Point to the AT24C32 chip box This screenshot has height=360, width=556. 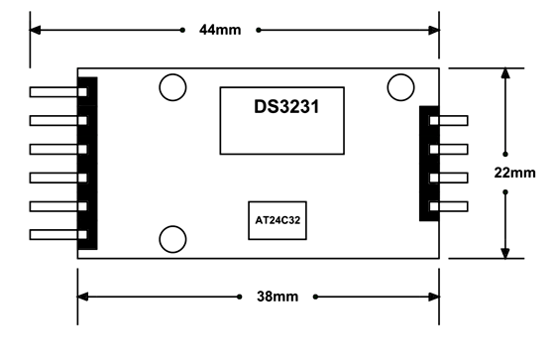pyautogui.click(x=278, y=221)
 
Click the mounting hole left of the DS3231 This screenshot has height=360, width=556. pyautogui.click(x=172, y=87)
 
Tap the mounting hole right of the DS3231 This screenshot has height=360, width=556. pyautogui.click(x=400, y=87)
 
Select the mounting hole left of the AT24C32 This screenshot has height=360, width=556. pyautogui.click(x=172, y=239)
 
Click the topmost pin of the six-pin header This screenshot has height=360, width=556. pyautogui.click(x=57, y=92)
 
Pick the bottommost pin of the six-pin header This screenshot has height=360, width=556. pyautogui.click(x=57, y=235)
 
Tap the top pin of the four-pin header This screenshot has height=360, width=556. pyautogui.click(x=452, y=121)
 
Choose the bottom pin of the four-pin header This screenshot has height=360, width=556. pyautogui.click(x=452, y=207)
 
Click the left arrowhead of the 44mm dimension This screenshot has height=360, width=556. pyautogui.click(x=36, y=30)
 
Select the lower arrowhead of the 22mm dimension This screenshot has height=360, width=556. pyautogui.click(x=506, y=252)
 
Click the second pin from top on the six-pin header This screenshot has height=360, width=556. pyautogui.click(x=57, y=121)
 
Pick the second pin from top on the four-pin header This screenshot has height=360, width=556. pyautogui.click(x=452, y=150)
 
